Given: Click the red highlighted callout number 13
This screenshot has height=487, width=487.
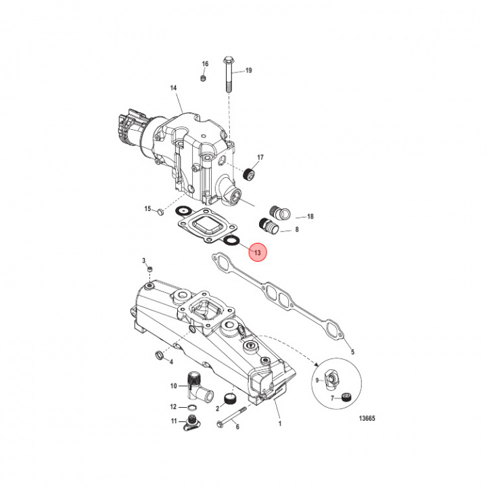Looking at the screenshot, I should [x=258, y=252].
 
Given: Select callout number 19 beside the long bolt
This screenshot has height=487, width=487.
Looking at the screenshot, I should [x=248, y=71].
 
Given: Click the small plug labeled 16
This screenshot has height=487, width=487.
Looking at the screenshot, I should [x=204, y=81].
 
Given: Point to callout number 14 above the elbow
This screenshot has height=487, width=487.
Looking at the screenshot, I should [x=173, y=89].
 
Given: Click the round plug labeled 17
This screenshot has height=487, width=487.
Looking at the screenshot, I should [x=250, y=175].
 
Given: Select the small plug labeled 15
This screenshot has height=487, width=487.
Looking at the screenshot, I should [x=160, y=212].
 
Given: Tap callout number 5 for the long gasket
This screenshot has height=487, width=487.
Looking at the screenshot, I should [x=350, y=352].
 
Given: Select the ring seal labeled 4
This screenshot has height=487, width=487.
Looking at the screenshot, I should [x=161, y=356].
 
